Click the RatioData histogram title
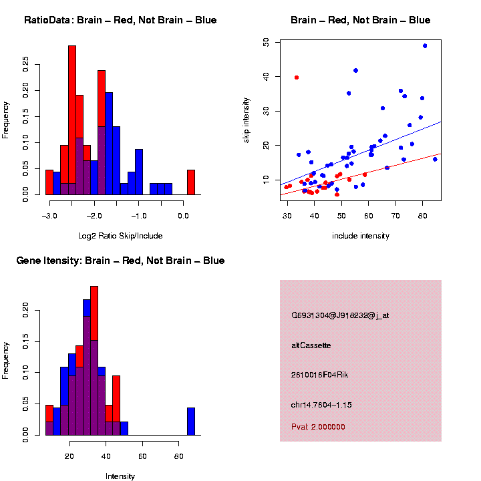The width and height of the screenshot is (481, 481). click(x=120, y=20)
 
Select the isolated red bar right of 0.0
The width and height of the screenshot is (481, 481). click(x=191, y=182)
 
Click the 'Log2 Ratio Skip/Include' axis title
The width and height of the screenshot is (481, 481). click(x=120, y=236)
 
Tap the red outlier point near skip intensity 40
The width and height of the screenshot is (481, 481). click(x=296, y=77)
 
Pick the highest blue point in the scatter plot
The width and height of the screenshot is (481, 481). click(x=425, y=46)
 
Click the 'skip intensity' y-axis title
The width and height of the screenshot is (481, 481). click(x=247, y=119)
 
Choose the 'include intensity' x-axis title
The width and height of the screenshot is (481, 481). click(x=361, y=236)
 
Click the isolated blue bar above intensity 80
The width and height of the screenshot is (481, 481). click(x=191, y=421)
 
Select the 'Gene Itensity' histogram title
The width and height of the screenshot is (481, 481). click(x=120, y=261)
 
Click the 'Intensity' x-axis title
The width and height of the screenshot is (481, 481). click(x=120, y=476)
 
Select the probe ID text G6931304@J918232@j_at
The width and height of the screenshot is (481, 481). click(x=340, y=315)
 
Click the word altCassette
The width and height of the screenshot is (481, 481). click(x=311, y=345)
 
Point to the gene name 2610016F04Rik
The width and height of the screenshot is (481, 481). click(x=320, y=375)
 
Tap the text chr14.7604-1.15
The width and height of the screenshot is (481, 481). click(x=322, y=405)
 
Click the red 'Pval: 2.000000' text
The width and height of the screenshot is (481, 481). click(x=319, y=427)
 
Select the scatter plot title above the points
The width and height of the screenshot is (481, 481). click(x=361, y=20)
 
